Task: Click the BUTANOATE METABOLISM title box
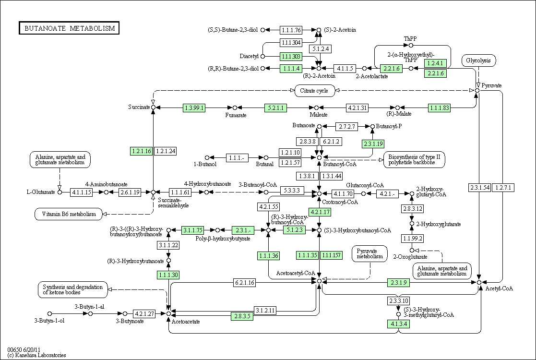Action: pos(69,28)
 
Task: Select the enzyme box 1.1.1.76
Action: pos(291,30)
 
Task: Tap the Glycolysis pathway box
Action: pos(478,60)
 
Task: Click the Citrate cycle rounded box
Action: pos(314,91)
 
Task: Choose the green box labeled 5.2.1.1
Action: pos(275,108)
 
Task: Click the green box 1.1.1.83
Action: pos(440,108)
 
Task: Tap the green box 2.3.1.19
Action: pos(372,144)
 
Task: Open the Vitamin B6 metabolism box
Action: pos(69,214)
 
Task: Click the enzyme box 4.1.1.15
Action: pos(81,192)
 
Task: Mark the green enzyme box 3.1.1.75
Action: pos(193,230)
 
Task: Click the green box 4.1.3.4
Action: pos(398,324)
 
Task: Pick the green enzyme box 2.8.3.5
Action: pos(242,316)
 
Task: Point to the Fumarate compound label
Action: pos(236,115)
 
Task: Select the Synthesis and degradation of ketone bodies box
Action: pos(72,289)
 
